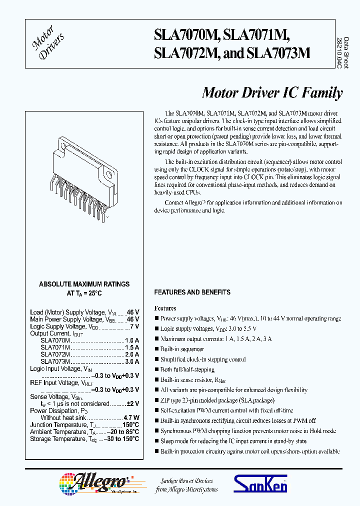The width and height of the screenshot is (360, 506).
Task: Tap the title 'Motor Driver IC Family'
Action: tap(272, 93)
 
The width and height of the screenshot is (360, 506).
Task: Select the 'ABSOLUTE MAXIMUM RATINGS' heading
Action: tap(84, 284)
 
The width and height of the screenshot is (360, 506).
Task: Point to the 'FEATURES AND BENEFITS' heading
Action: tap(192, 292)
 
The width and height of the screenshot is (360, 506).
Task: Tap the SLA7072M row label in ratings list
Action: tap(55, 354)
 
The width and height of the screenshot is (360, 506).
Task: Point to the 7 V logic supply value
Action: tap(134, 326)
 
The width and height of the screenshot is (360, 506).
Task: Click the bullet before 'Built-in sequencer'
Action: tap(156, 349)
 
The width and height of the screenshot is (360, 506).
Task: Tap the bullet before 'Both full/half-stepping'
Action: tap(156, 369)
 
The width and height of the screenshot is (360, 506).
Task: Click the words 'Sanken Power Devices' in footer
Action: tap(187, 480)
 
